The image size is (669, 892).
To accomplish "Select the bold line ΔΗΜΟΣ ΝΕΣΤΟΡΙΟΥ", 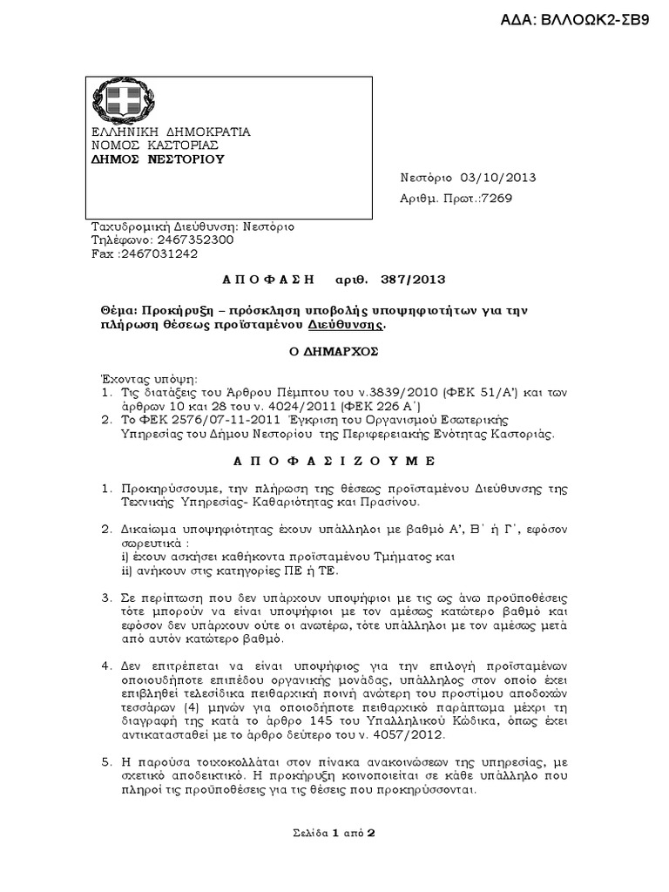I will pos(159,159).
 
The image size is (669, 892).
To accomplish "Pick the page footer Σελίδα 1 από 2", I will pos(334,832).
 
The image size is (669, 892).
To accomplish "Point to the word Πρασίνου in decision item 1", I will pos(393,502).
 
